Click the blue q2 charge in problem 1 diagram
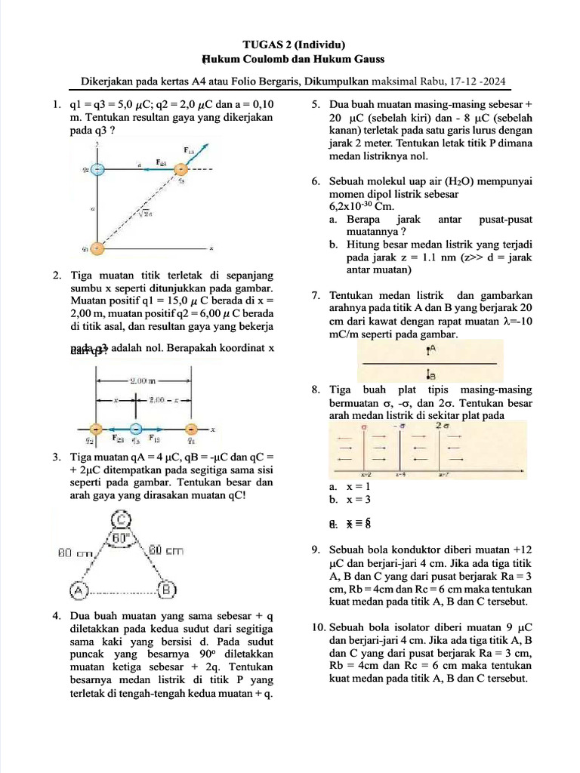pos(96,169)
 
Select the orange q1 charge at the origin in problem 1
pos(96,247)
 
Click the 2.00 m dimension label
pos(141,381)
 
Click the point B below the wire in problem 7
pos(430,373)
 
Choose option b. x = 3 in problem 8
pos(350,500)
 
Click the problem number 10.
pos(317,627)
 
